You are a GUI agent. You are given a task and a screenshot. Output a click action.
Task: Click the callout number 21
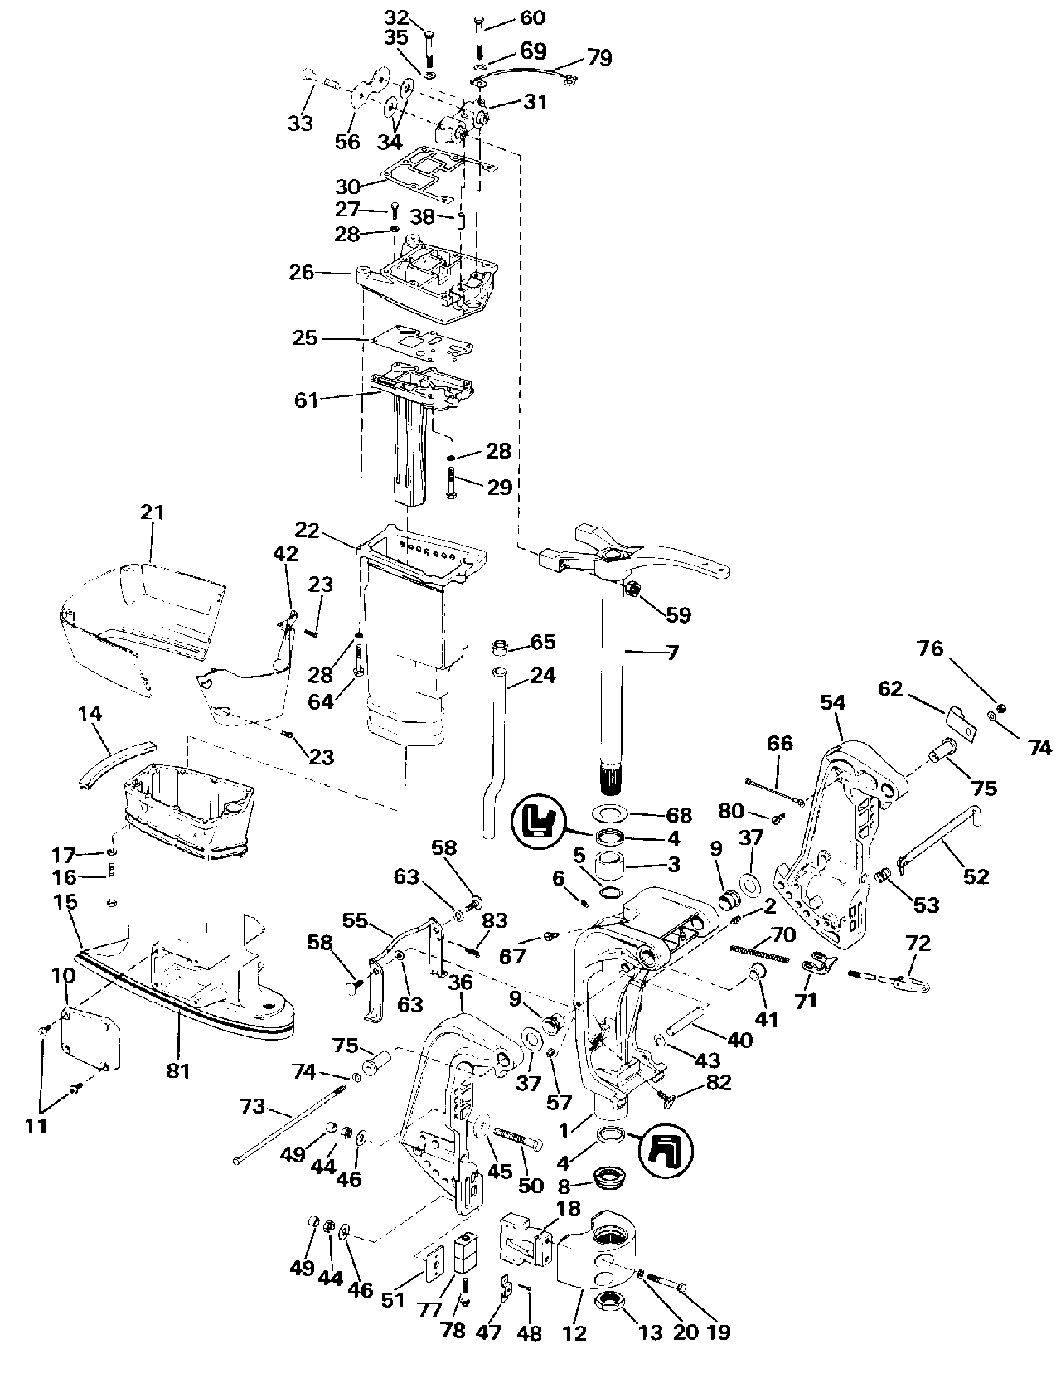[152, 512]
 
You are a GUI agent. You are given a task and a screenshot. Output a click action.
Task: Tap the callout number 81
[179, 1071]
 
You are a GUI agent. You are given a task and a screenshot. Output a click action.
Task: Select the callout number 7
[672, 653]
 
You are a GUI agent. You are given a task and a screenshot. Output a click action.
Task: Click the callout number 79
[599, 57]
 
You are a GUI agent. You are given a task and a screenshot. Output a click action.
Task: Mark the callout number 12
[574, 1333]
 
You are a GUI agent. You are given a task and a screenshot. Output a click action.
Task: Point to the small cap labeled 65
[500, 646]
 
